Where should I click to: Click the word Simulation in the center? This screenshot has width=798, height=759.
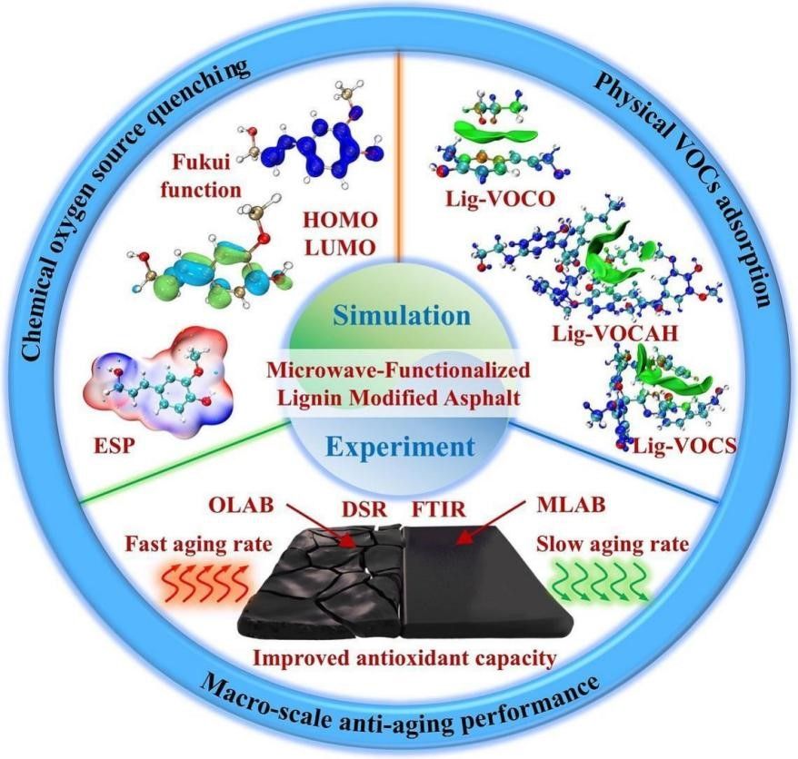tap(400, 316)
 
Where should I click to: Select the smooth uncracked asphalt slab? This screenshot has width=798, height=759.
tap(482, 581)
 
